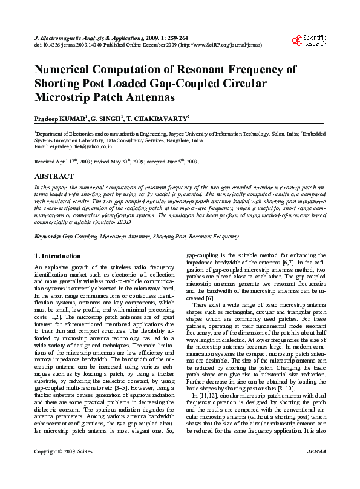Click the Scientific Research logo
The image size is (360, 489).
click(x=309, y=41)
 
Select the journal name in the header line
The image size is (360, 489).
click(x=85, y=38)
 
